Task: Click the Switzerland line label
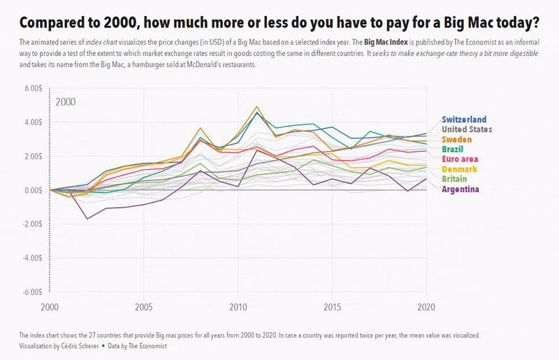464,120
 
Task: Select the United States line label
467,129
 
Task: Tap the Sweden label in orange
457,140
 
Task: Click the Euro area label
460,159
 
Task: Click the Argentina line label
460,189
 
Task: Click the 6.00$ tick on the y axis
34,88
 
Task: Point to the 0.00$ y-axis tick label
34,190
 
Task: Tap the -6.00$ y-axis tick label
33,291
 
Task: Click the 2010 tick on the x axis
238,307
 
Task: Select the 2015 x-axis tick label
333,307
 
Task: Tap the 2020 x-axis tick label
427,307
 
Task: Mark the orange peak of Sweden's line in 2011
257,107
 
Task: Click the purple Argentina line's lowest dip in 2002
87,219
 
